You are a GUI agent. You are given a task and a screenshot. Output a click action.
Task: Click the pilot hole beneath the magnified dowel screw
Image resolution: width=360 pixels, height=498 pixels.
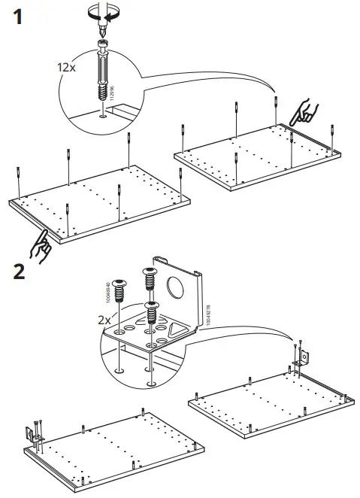[103, 115]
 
